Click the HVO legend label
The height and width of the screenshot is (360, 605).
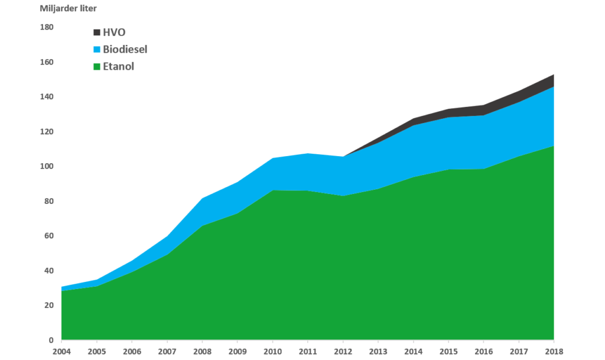[x=114, y=32]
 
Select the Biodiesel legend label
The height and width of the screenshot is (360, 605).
[x=125, y=49]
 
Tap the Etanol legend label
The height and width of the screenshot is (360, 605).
[x=118, y=67]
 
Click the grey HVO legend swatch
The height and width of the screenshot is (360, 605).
[x=97, y=32]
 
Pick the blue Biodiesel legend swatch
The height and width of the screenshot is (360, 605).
[x=97, y=49]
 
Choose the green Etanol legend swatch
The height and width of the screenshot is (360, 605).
[x=97, y=67]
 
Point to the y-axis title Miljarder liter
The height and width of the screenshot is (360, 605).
[x=59, y=8]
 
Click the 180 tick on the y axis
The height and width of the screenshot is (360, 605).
[x=47, y=27]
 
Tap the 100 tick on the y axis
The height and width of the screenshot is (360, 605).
[x=47, y=166]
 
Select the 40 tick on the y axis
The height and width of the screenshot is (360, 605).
[x=48, y=271]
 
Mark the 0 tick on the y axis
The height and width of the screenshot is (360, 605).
[x=51, y=340]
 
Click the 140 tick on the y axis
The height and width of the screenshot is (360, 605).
[x=47, y=96]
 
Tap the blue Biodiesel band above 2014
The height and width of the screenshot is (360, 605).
[x=413, y=151]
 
